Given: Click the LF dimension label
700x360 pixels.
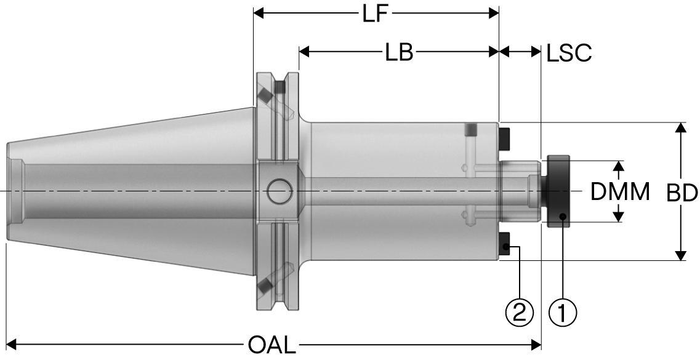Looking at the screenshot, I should [x=376, y=14].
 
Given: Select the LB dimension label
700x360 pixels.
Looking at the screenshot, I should [x=399, y=53].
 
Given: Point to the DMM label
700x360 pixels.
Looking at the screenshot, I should [x=620, y=193].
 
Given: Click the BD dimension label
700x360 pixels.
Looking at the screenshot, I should [x=682, y=193].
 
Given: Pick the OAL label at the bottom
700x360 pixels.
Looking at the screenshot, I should [x=272, y=345].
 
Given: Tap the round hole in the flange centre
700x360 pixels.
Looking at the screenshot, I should [x=279, y=192].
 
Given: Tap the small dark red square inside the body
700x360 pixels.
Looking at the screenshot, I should [x=472, y=129].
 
